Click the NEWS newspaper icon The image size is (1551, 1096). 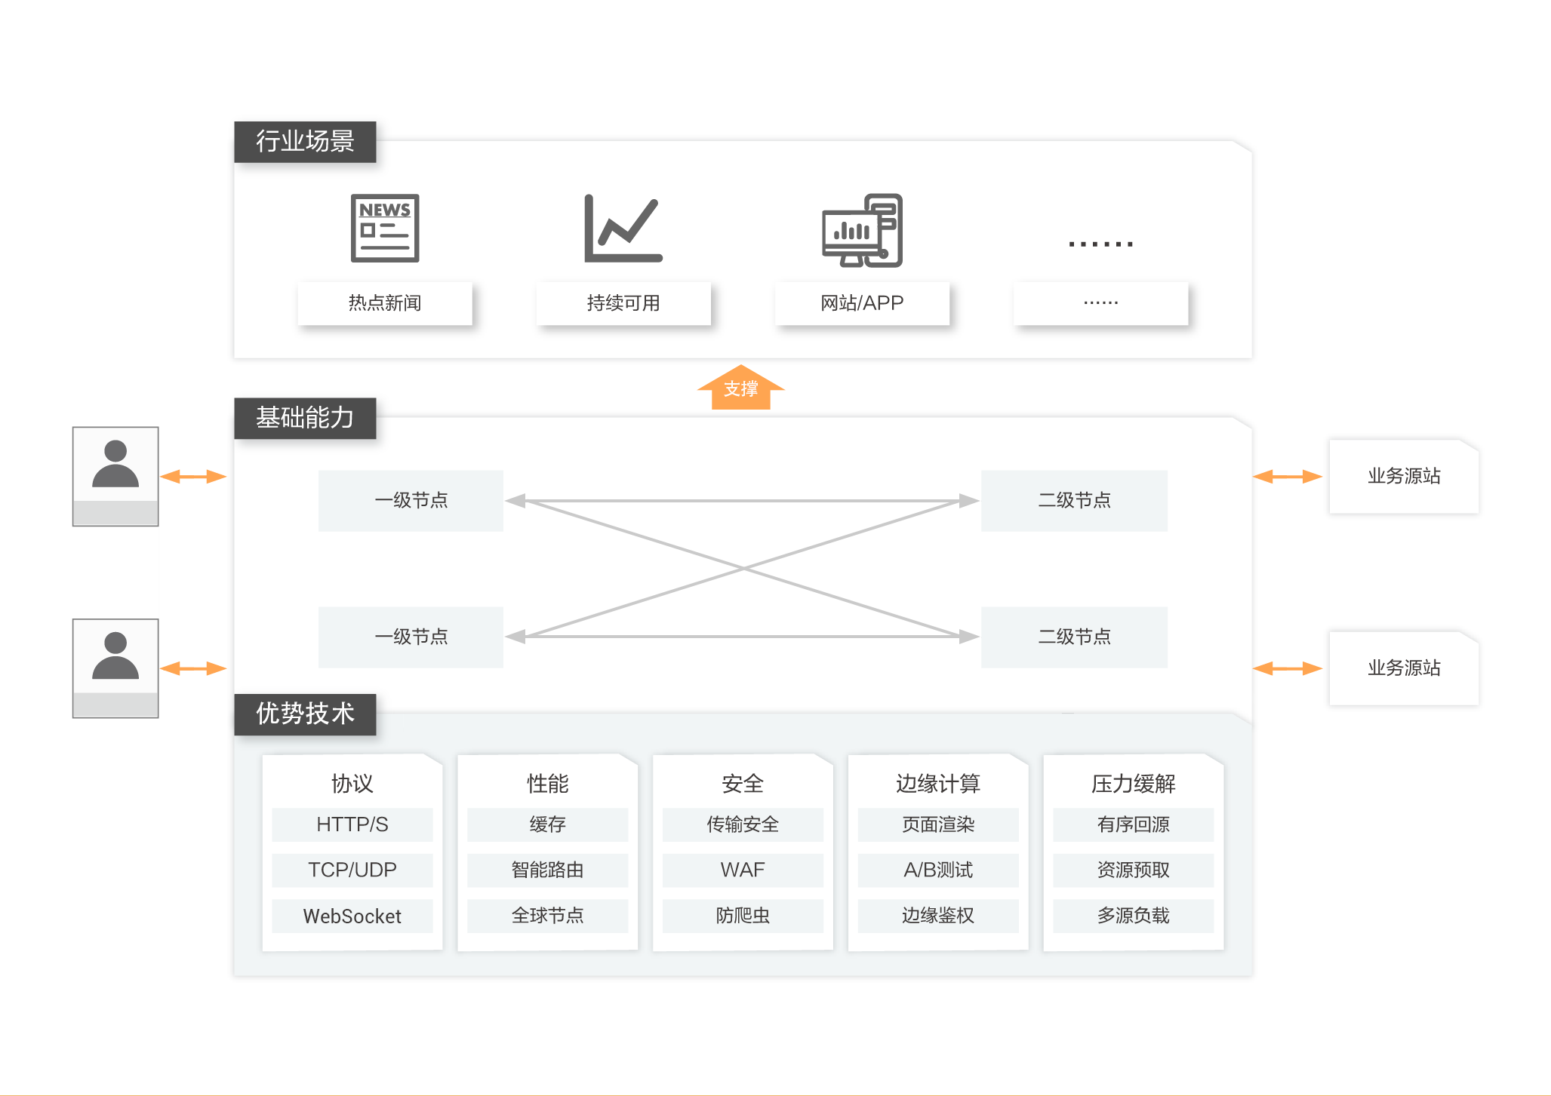point(385,228)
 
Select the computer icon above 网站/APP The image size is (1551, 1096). point(862,230)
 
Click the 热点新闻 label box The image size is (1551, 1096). point(385,303)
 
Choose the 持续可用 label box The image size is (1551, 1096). point(623,303)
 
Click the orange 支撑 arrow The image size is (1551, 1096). point(740,388)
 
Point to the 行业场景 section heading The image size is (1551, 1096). point(305,141)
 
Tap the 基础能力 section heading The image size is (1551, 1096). point(305,417)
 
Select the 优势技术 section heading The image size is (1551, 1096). point(305,714)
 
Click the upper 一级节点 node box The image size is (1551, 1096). point(411,500)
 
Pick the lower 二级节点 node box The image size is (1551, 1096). point(1074,637)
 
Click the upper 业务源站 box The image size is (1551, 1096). point(1404,476)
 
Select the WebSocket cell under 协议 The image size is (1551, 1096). point(352,916)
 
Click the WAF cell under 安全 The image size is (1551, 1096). point(743,870)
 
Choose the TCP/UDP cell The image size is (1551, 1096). point(352,870)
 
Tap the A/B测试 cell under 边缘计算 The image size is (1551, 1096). point(938,870)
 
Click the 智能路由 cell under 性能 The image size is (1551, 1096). point(547,870)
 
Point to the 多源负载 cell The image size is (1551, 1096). point(1133,916)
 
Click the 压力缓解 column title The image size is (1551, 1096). point(1133,784)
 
